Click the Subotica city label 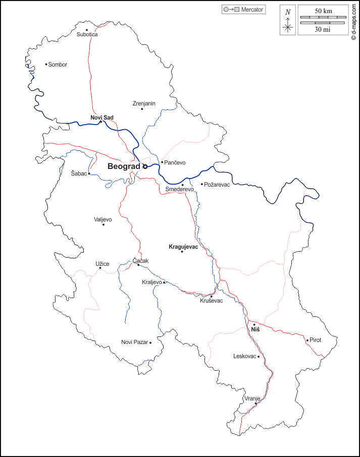pyautogui.click(x=87, y=34)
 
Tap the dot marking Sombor pyautogui.click(x=46, y=64)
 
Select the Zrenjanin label pyautogui.click(x=144, y=103)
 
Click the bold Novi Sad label pyautogui.click(x=102, y=118)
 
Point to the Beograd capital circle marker pyautogui.click(x=144, y=166)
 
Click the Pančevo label pyautogui.click(x=175, y=162)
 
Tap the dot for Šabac pyautogui.click(x=89, y=174)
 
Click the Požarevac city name pyautogui.click(x=218, y=185)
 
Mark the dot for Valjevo pyautogui.click(x=104, y=224)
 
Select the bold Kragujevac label pyautogui.click(x=183, y=246)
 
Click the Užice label pyautogui.click(x=102, y=263)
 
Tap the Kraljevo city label pyautogui.click(x=152, y=282)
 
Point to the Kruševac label pyautogui.click(x=212, y=301)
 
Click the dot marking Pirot pyautogui.click(x=307, y=340)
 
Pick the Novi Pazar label pyautogui.click(x=134, y=342)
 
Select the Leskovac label pyautogui.click(x=245, y=356)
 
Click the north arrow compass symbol pyautogui.click(x=288, y=20)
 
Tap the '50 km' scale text pyautogui.click(x=323, y=11)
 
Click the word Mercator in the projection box pyautogui.click(x=252, y=10)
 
